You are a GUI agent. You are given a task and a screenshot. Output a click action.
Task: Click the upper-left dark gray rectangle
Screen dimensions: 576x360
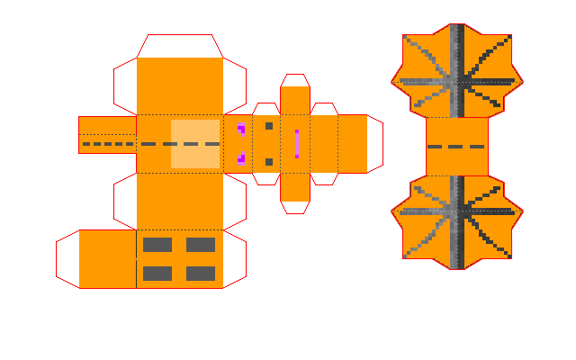point(157,244)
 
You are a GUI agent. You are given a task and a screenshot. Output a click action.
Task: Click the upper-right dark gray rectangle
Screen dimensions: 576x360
point(201,244)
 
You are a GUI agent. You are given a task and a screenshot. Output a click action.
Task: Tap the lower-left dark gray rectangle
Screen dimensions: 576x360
point(157,274)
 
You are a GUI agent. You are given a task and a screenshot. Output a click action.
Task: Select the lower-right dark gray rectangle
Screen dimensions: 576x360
point(201,274)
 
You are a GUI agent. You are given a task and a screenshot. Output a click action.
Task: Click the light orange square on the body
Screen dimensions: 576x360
point(195,144)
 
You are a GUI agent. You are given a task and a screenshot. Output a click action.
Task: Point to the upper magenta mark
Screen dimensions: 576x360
point(240,129)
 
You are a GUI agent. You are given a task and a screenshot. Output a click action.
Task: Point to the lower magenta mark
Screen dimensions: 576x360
point(240,158)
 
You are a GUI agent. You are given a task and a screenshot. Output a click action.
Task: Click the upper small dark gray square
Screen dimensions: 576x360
point(268,126)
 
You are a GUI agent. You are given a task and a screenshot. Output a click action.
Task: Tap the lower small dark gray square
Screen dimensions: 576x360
point(268,162)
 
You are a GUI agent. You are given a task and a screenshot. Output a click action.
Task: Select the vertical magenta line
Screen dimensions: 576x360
point(296,144)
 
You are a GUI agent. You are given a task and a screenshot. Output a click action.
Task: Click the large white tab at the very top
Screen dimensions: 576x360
point(179,45)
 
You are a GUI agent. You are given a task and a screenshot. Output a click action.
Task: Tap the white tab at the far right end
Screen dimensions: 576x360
point(374,144)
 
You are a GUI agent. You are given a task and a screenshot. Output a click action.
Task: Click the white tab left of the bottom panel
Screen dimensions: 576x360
point(67,259)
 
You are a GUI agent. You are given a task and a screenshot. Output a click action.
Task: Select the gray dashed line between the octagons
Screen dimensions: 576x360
point(457,147)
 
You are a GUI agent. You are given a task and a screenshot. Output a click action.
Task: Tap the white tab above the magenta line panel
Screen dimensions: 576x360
point(294,80)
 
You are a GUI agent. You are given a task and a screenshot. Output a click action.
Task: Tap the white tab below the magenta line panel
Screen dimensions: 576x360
point(294,207)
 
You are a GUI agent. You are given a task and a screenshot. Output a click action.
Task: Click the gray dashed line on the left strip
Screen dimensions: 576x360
point(108,144)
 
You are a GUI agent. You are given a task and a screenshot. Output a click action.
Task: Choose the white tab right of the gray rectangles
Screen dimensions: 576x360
point(234,259)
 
